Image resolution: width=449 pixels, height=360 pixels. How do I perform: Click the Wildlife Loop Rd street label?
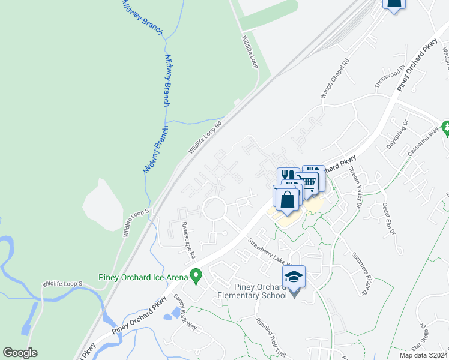pyautogui.click(x=205, y=137)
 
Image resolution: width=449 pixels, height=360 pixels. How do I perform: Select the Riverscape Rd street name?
pyautogui.click(x=188, y=241)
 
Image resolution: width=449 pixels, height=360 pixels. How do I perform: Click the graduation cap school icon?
pyautogui.click(x=294, y=277)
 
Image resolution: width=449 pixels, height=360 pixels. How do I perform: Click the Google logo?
pyautogui.click(x=20, y=353)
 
